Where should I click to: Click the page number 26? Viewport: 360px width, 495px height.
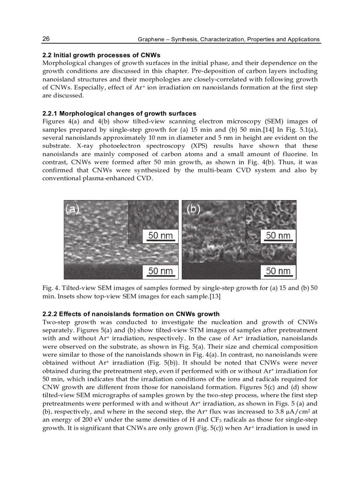[46, 39]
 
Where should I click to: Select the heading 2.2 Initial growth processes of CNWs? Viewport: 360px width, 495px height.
[101, 55]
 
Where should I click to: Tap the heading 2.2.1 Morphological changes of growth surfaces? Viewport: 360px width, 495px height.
[119, 114]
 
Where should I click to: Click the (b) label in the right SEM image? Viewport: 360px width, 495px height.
[193, 209]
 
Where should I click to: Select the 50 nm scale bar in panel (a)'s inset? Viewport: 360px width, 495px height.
[160, 236]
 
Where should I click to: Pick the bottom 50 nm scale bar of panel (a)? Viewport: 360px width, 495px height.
[160, 271]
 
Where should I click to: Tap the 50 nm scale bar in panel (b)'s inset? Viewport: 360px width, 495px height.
[278, 236]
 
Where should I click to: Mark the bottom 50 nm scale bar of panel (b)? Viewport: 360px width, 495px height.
[278, 271]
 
